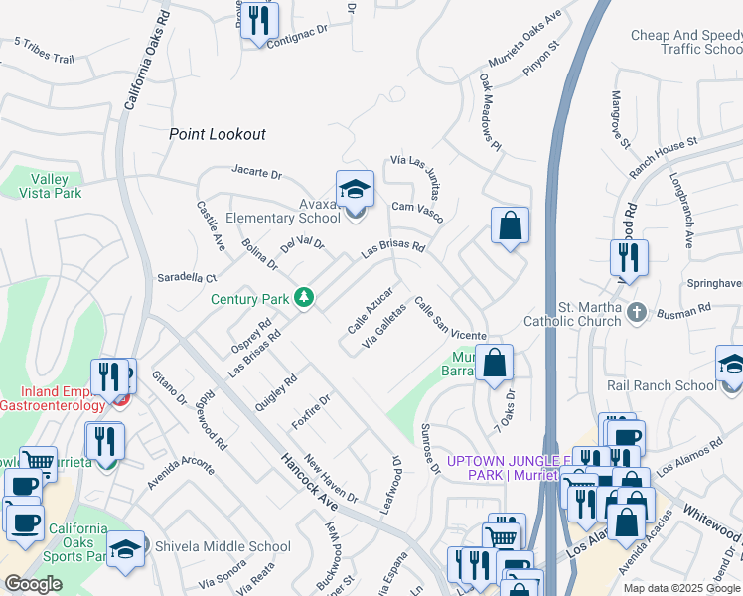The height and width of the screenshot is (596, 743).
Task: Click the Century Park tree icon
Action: [x=304, y=298]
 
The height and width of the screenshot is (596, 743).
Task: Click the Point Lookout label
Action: [x=218, y=134]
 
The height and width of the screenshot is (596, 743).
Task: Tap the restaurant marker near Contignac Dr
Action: [x=259, y=20]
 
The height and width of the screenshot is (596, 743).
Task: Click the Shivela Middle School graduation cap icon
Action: [x=126, y=546]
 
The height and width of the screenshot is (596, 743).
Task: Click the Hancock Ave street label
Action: [x=307, y=481]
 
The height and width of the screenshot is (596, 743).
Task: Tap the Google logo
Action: [x=34, y=584]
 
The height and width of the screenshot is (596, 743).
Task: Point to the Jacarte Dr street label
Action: [x=256, y=173]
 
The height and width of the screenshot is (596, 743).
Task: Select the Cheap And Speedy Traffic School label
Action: [x=685, y=42]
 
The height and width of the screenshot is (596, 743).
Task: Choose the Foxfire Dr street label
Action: [x=310, y=410]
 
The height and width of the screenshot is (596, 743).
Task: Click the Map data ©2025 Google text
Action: [x=681, y=588]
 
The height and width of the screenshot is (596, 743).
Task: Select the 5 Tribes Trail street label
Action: [x=45, y=52]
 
